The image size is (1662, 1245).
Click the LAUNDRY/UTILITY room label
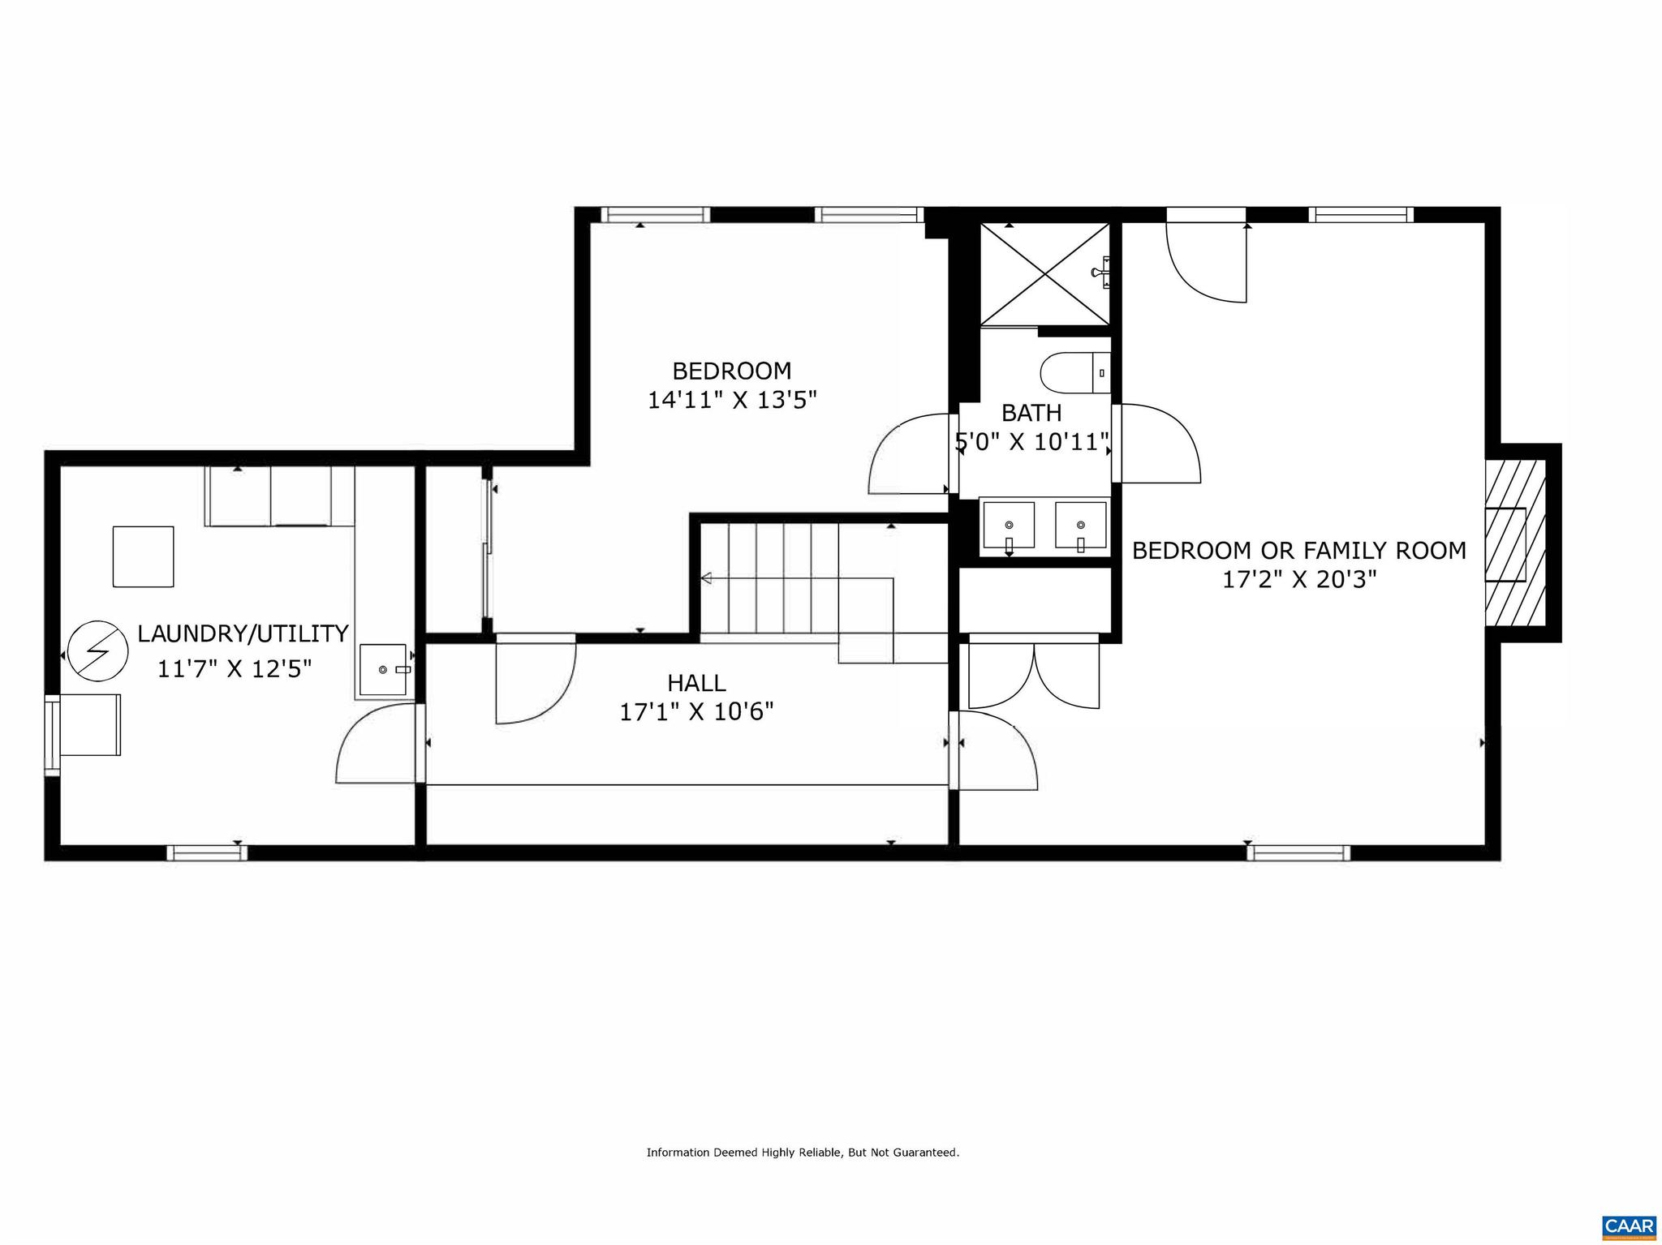(x=243, y=633)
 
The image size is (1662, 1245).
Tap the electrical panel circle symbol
(x=98, y=650)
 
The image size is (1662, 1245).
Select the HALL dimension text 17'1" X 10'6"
(x=696, y=712)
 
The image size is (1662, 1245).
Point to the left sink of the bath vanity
(x=1009, y=526)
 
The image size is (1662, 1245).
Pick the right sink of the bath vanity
(x=1081, y=526)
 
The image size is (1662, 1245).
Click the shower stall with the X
(x=1044, y=274)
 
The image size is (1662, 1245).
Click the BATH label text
(x=1031, y=413)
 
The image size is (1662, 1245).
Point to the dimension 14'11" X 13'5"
(x=731, y=401)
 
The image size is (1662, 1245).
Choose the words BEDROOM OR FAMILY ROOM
(x=1298, y=551)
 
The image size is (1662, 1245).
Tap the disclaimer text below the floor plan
(x=803, y=1153)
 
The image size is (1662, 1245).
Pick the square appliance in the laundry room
(x=143, y=556)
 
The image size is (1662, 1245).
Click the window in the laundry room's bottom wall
(x=207, y=852)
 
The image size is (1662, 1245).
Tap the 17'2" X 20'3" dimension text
(x=1299, y=580)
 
